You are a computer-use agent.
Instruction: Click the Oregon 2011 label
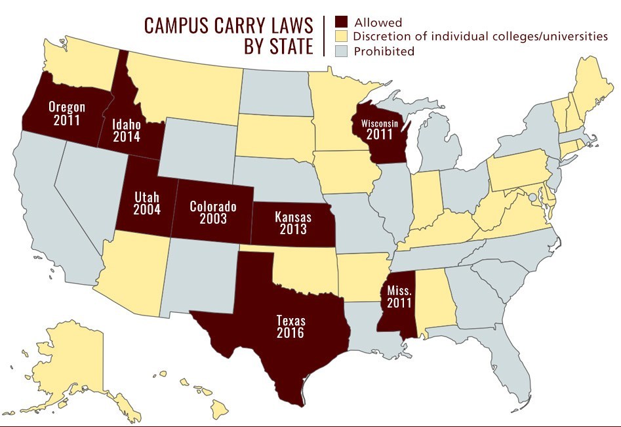(x=68, y=113)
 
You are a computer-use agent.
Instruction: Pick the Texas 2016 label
(x=291, y=327)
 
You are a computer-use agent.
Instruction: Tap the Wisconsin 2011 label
(x=380, y=128)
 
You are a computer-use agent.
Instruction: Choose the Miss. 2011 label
(x=399, y=296)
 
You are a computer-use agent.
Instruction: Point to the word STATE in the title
(x=286, y=47)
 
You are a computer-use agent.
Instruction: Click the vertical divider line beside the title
(x=325, y=36)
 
